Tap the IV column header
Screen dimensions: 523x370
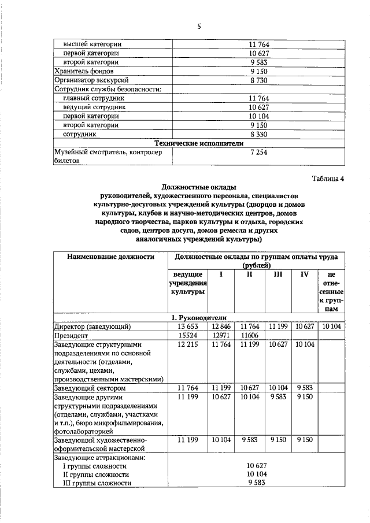click(304, 275)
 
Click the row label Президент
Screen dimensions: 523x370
click(70, 335)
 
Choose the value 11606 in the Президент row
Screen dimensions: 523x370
click(250, 335)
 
